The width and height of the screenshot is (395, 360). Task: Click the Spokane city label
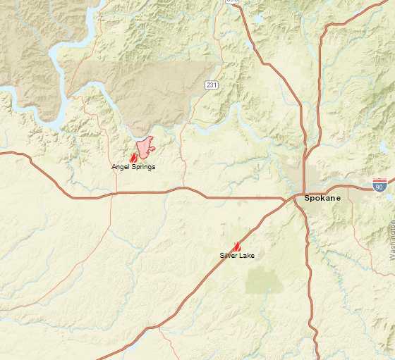322,198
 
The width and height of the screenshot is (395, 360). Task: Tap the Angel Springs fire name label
133,167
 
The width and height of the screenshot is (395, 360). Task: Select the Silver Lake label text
237,255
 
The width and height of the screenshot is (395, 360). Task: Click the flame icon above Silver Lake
237,247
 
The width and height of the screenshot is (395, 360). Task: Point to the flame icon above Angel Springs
134,159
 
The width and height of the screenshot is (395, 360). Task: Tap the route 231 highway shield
211,85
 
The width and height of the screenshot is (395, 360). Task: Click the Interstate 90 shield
380,185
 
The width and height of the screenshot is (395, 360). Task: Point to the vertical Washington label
391,240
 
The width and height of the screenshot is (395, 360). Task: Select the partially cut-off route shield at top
232,2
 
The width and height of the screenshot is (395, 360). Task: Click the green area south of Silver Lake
264,280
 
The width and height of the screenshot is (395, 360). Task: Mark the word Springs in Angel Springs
142,167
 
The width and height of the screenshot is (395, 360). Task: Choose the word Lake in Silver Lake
247,255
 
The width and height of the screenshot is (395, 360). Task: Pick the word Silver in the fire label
229,255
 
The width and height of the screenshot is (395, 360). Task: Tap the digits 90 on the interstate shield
380,187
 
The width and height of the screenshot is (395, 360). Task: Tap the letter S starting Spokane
308,198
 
